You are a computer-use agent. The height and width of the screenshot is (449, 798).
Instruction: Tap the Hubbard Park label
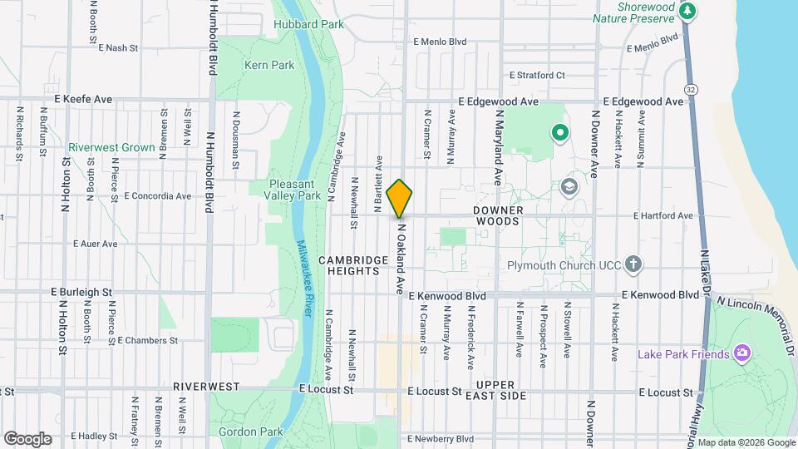pos(309,25)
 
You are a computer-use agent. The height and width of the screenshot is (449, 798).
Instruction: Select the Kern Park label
pos(269,65)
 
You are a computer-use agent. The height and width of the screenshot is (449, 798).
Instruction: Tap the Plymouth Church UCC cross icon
pos(633,265)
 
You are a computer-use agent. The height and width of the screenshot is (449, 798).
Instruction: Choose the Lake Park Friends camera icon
pos(742,354)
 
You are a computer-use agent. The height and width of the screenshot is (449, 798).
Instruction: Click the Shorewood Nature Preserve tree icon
pos(687,12)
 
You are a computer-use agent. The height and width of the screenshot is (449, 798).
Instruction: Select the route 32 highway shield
pos(691,88)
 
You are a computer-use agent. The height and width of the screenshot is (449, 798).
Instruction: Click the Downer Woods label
pos(498,216)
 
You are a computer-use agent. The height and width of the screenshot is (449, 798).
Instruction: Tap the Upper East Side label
pos(501,390)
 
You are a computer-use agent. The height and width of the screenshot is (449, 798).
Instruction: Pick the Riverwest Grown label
pos(111,148)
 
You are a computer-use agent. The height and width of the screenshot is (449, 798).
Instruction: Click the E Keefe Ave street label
pos(83,99)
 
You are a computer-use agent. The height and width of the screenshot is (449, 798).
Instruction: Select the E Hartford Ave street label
pos(663,215)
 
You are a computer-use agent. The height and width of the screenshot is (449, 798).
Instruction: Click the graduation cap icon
pos(569,185)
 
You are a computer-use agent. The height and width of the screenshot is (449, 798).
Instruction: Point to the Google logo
pos(27,438)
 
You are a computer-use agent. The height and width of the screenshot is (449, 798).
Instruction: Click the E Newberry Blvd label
pos(440,438)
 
